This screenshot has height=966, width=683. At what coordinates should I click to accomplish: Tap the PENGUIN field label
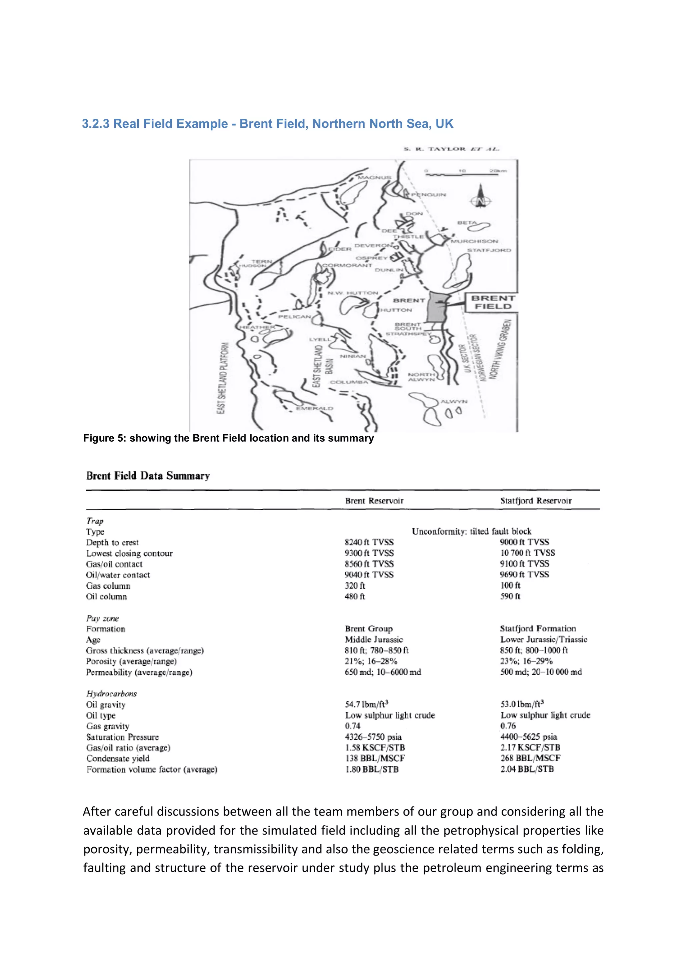tap(428, 195)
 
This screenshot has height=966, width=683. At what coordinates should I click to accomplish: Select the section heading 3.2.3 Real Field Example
tap(267, 124)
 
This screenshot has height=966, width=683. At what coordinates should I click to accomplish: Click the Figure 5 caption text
tap(228, 438)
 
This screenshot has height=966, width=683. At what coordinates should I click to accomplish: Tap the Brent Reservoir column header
tap(374, 501)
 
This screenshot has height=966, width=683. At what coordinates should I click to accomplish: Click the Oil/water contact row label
tap(118, 575)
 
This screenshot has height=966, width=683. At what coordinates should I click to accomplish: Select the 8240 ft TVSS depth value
tap(369, 542)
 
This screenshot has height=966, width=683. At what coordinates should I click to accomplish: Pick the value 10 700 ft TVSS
tap(527, 553)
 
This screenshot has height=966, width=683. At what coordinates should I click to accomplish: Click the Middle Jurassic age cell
tap(374, 639)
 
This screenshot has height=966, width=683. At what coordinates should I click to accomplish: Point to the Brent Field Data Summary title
tap(148, 476)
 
